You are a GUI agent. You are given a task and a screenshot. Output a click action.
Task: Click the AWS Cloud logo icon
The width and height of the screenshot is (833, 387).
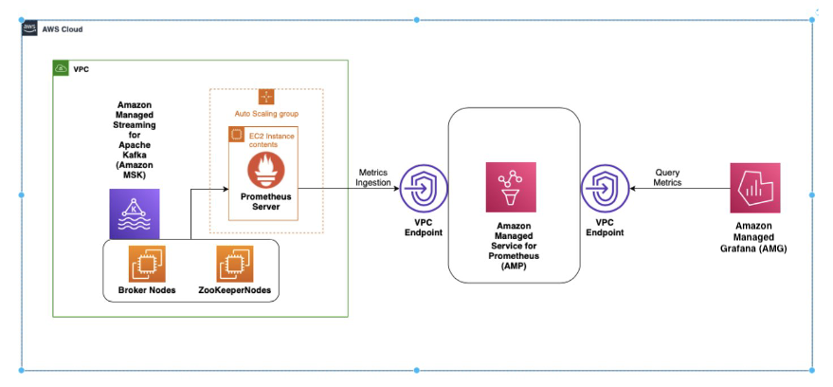click(29, 29)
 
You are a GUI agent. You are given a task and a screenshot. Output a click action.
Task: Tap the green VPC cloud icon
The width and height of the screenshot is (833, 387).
click(62, 69)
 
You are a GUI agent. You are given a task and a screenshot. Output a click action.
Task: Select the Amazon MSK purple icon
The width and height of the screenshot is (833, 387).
click(135, 212)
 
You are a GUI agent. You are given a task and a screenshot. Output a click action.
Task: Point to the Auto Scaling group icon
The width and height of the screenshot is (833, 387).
click(266, 97)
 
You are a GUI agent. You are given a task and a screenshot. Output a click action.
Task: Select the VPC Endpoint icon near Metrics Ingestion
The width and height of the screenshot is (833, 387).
click(416, 189)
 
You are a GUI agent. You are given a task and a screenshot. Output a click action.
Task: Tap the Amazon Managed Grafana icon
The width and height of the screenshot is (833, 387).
click(754, 187)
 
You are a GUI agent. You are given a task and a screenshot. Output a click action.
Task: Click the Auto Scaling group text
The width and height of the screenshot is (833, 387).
click(266, 114)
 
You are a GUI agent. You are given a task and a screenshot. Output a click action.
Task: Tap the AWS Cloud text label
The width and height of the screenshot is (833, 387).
click(63, 29)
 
